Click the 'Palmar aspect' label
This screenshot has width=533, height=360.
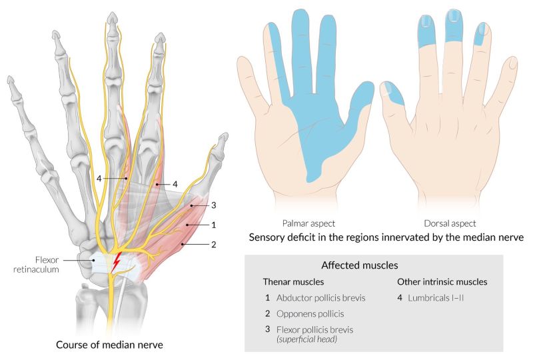(309, 223)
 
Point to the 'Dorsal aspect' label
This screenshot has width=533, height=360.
(451, 223)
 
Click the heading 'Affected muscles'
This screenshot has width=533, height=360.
(360, 265)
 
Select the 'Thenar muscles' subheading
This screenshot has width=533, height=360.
(292, 281)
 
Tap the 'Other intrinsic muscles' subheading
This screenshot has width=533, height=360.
(442, 281)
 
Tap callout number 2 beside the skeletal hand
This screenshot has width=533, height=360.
(214, 245)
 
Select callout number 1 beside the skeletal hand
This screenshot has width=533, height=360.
(214, 225)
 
